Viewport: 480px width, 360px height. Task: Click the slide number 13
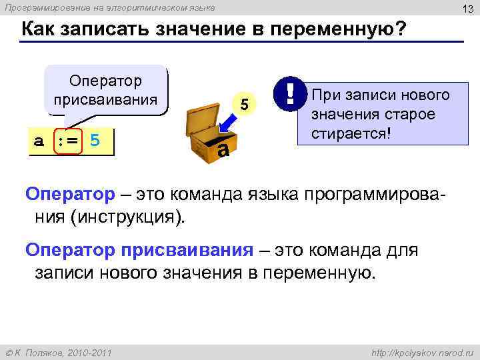467,7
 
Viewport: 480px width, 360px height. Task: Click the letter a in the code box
40,142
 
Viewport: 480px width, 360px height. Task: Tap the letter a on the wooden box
223,150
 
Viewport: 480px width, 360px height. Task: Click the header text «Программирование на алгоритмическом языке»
110,7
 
